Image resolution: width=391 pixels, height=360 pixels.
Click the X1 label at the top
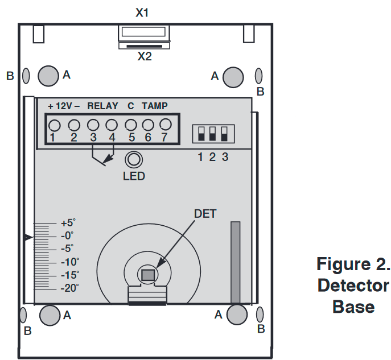(x=142, y=12)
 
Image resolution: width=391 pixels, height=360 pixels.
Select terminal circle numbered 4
(x=112, y=125)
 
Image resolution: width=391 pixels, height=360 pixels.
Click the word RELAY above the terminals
(x=102, y=106)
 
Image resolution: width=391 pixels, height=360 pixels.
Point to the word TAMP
(x=155, y=106)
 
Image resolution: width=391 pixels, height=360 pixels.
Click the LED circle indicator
(x=134, y=159)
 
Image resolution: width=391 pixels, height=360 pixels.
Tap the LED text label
(x=134, y=176)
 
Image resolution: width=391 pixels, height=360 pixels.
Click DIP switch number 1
(x=200, y=134)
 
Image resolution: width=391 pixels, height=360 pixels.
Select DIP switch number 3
(x=224, y=134)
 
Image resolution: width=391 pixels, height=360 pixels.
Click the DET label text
(x=205, y=214)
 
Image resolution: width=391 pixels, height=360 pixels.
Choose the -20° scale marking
(x=70, y=288)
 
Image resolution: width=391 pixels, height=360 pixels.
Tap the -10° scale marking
(x=70, y=262)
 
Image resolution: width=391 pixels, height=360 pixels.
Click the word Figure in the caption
(x=346, y=264)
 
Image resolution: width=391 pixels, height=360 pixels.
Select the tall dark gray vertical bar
(x=236, y=262)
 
